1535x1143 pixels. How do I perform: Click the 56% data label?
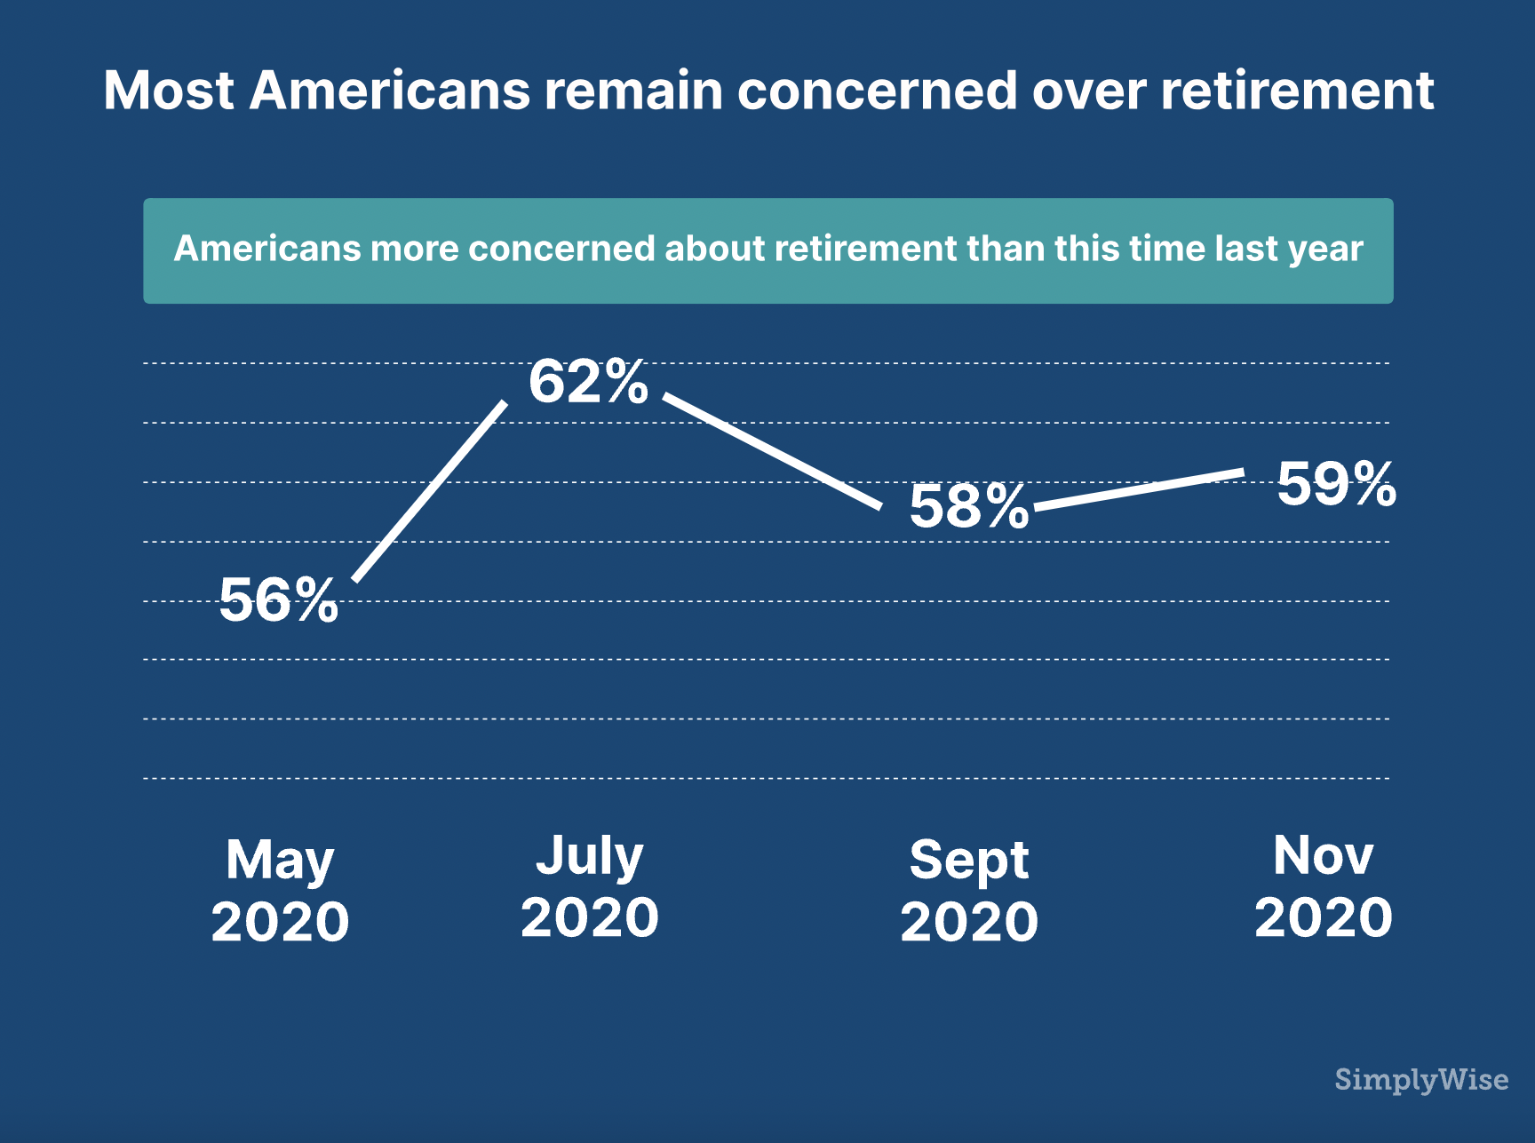click(279, 599)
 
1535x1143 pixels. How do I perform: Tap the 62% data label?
click(588, 382)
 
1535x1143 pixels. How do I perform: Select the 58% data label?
click(968, 506)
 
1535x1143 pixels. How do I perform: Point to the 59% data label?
click(1336, 484)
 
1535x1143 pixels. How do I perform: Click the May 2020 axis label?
click(280, 890)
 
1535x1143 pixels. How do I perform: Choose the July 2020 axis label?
click(590, 885)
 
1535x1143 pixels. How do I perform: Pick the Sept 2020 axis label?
click(969, 890)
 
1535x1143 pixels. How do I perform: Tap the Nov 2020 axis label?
click(1324, 885)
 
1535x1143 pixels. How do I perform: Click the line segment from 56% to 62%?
click(431, 490)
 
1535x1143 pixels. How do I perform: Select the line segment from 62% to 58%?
click(773, 451)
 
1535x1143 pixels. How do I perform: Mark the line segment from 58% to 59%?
click(1139, 489)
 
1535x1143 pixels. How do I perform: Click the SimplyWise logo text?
click(1421, 1079)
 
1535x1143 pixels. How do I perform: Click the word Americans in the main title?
click(389, 91)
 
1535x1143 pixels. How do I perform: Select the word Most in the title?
click(169, 91)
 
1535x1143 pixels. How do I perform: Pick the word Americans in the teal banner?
click(267, 249)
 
